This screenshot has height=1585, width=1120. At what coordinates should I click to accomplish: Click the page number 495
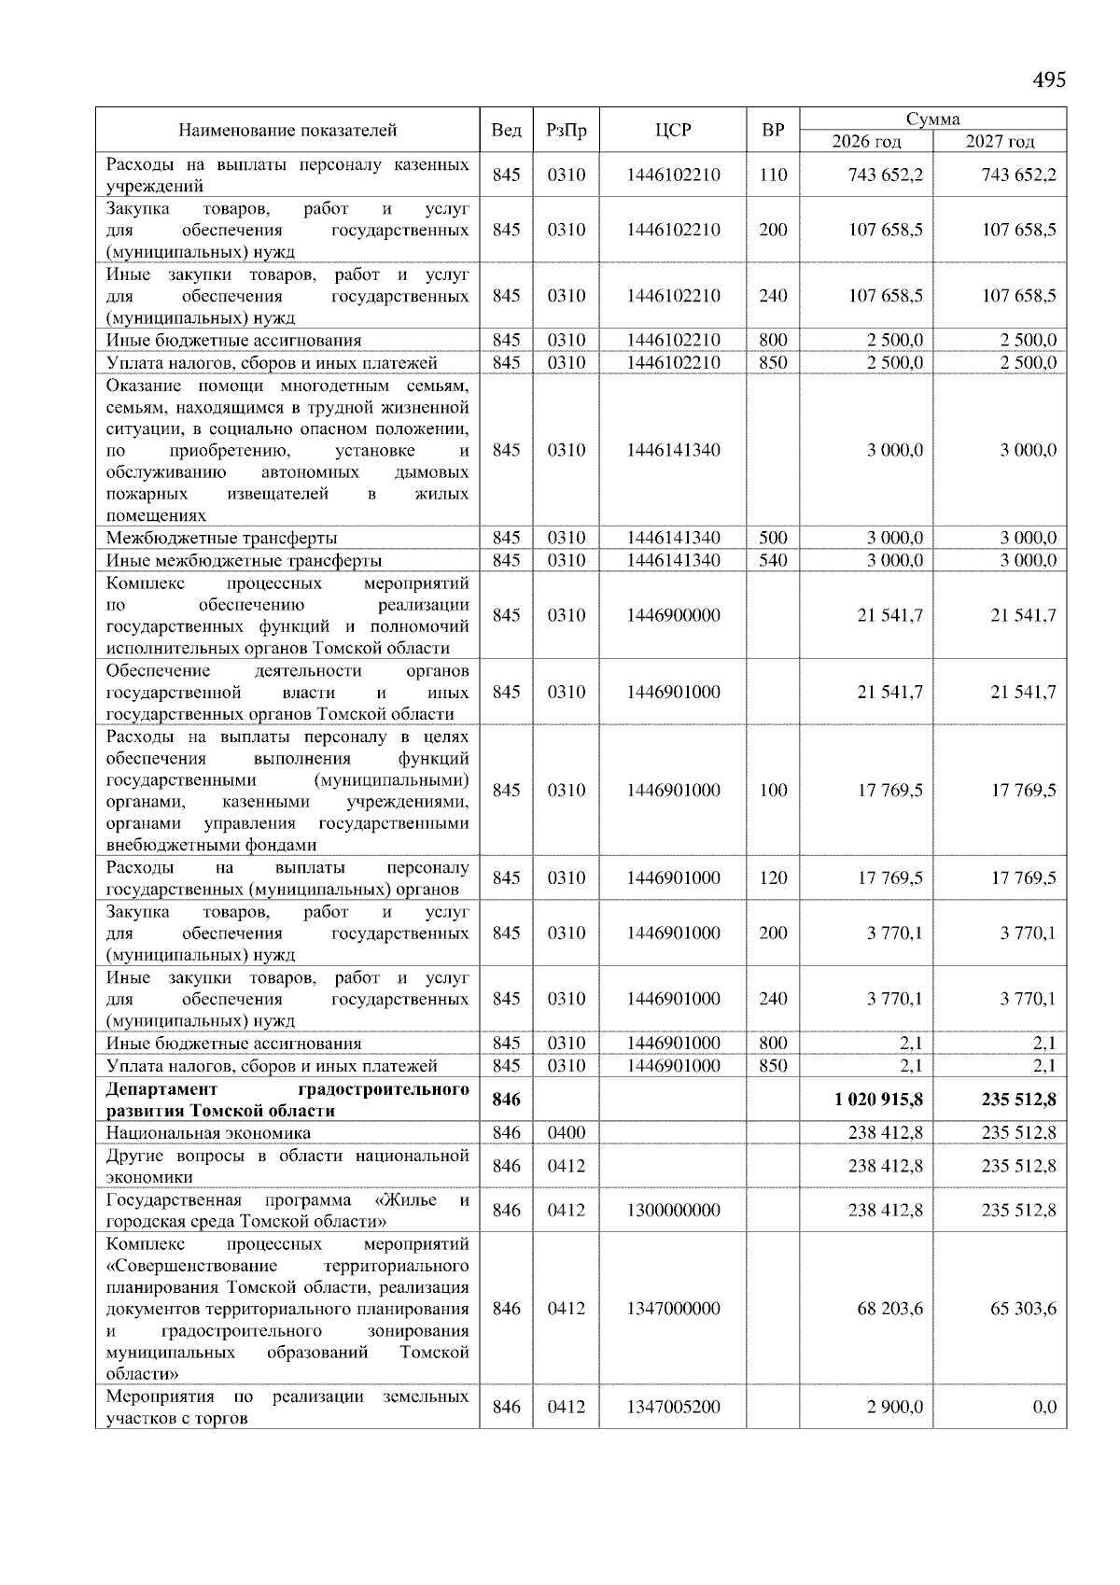(x=1048, y=80)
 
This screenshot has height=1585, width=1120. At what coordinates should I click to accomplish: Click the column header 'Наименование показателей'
(x=287, y=130)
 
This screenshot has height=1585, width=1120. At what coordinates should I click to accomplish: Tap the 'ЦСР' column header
(x=673, y=130)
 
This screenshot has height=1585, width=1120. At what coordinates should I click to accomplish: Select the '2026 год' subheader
(x=866, y=142)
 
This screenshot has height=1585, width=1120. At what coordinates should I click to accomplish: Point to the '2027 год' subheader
(x=1000, y=142)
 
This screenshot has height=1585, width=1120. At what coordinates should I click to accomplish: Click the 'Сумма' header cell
(x=932, y=119)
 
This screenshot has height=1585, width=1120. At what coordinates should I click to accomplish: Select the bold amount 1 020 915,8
(x=878, y=1100)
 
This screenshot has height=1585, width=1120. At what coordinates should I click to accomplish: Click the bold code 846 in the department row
(x=506, y=1100)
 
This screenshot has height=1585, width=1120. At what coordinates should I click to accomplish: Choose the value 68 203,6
(x=890, y=1309)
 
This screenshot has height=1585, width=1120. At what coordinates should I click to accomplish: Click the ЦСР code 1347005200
(x=673, y=1407)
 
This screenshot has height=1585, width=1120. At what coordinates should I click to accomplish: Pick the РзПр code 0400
(x=566, y=1133)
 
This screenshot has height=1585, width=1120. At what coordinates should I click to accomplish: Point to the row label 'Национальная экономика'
(x=208, y=1133)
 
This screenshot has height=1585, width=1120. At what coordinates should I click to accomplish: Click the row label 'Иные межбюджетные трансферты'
(x=244, y=561)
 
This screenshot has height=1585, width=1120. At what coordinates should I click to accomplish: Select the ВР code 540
(x=773, y=561)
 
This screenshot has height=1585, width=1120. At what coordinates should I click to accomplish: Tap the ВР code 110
(x=773, y=175)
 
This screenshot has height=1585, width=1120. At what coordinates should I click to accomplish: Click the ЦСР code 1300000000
(x=673, y=1211)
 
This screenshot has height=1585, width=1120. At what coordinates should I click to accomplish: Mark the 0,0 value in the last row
(x=1044, y=1407)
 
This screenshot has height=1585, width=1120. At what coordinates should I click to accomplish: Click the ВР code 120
(x=773, y=878)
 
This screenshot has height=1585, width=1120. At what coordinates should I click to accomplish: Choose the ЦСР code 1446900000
(x=673, y=616)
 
